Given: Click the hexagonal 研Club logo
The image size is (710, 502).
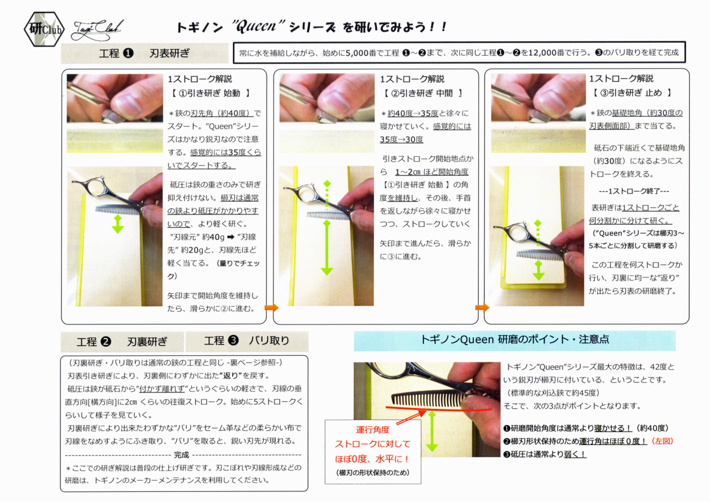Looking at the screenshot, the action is (x=44, y=29).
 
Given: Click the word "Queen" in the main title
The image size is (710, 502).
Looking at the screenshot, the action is (x=258, y=27).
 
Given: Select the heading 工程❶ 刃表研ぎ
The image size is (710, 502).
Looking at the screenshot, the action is (x=144, y=53).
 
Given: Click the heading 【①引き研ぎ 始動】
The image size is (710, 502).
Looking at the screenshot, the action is (x=211, y=93).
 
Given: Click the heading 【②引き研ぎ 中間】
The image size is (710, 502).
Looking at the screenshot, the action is (x=423, y=93).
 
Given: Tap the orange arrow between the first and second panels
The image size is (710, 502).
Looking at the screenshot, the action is (x=272, y=307).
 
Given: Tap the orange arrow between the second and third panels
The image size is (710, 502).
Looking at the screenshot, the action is (x=482, y=307).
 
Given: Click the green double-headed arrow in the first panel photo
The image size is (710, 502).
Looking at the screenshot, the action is (x=118, y=224).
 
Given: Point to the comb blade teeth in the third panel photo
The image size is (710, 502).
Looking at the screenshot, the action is (x=538, y=255).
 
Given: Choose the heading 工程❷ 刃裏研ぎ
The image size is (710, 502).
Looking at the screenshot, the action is (x=122, y=342).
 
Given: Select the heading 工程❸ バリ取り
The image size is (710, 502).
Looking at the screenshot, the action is (x=247, y=340).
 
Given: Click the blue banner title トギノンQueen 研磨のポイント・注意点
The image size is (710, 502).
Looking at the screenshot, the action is (x=514, y=340).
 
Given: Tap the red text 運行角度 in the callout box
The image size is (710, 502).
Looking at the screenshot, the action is (x=373, y=430).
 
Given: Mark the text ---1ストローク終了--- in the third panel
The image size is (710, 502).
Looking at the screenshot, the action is (x=634, y=191).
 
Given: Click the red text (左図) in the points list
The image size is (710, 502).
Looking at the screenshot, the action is (x=662, y=441).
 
